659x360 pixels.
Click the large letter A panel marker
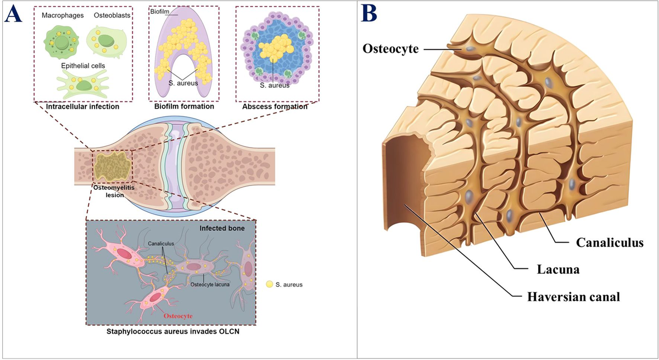[13, 15]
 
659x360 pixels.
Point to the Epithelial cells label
[83, 66]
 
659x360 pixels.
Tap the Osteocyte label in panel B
[390, 49]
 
